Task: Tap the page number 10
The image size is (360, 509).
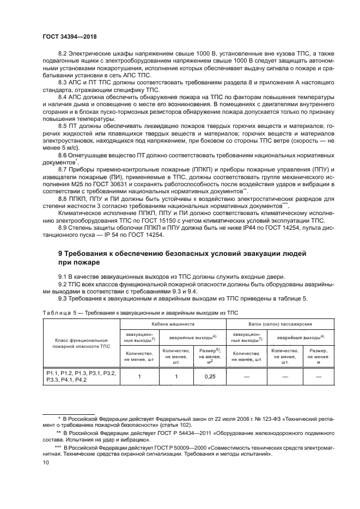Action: click(x=45, y=462)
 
